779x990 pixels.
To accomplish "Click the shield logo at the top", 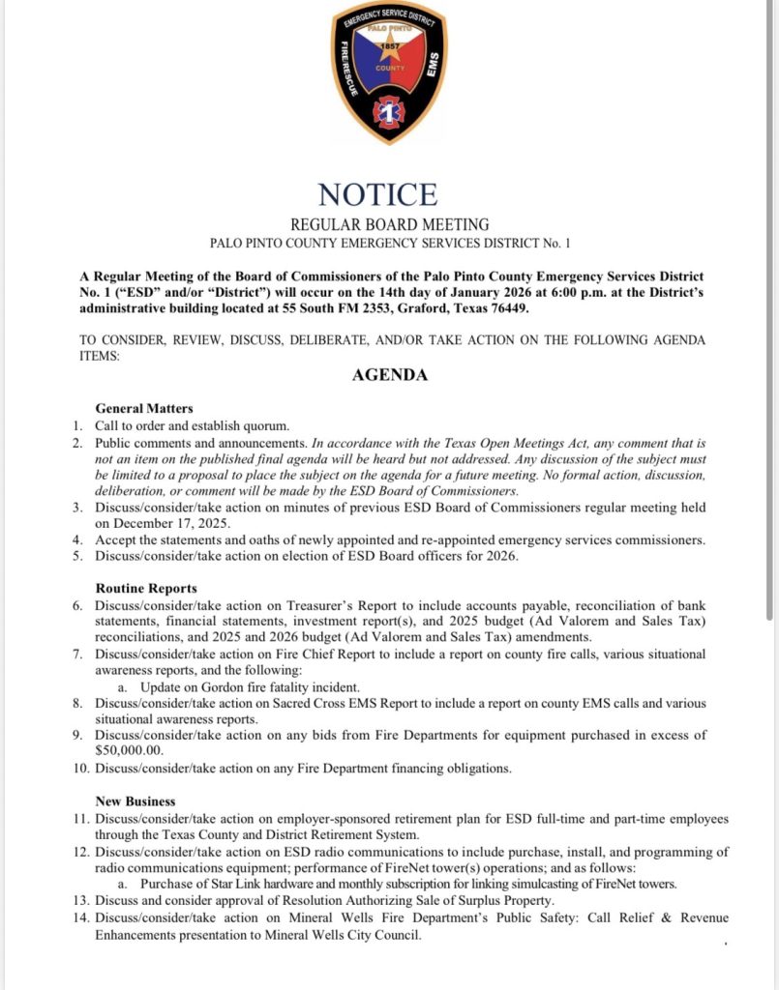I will click(389, 72).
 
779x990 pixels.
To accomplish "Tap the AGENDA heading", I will click(389, 376).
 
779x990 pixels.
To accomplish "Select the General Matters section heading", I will click(144, 409).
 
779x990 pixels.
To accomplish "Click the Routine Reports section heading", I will click(146, 588).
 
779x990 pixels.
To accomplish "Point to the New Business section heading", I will click(135, 801).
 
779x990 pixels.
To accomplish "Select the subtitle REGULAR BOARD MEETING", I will click(389, 225).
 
